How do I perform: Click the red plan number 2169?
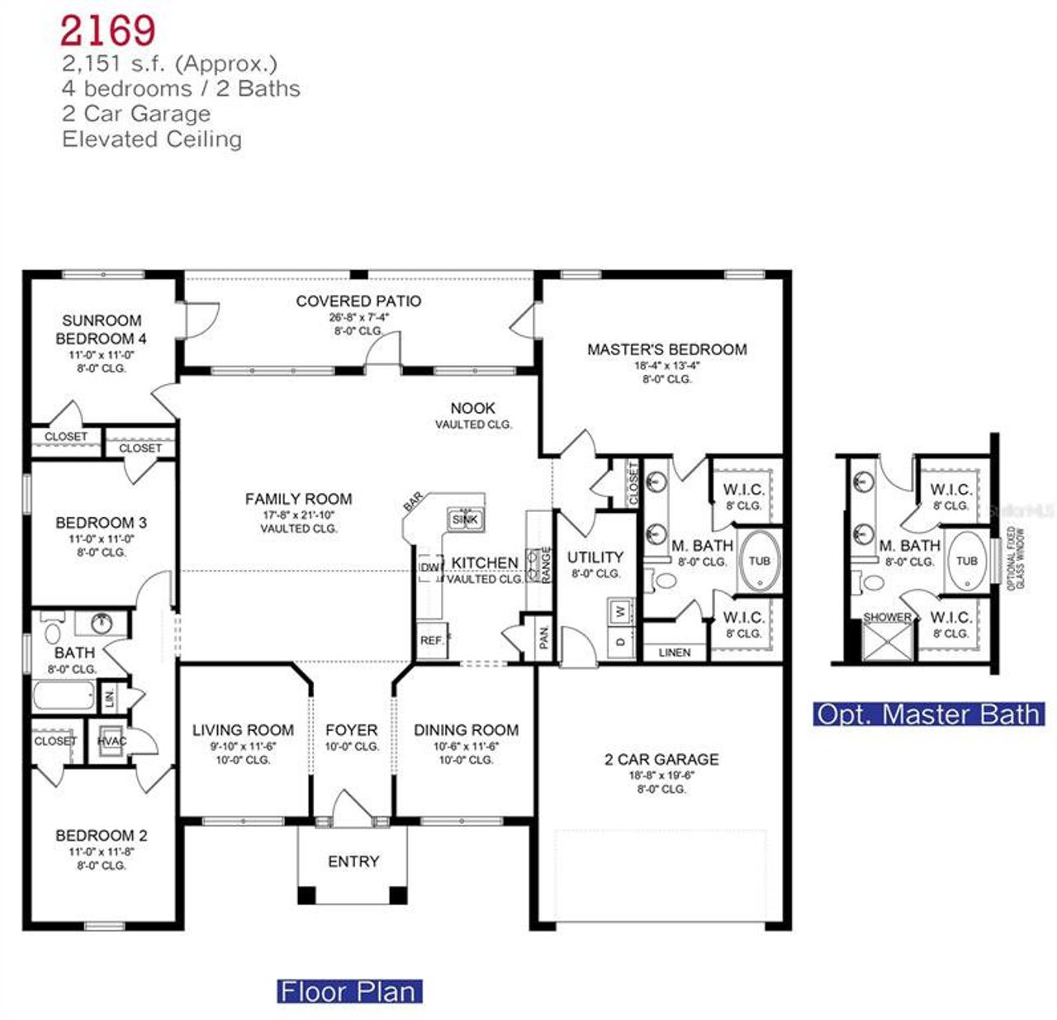[x=107, y=31]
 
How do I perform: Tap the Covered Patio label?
[x=358, y=301]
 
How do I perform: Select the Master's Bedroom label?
[x=666, y=349]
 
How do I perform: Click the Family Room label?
[x=298, y=499]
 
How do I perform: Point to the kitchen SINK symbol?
[x=465, y=519]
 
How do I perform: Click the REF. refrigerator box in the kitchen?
[x=431, y=641]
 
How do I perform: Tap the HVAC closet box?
[x=111, y=741]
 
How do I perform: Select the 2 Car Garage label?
[x=661, y=759]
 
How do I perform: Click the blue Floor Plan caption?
[x=349, y=991]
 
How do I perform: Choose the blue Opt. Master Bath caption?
[x=929, y=714]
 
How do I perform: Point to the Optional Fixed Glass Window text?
[x=1016, y=558]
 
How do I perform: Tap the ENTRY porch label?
[x=353, y=861]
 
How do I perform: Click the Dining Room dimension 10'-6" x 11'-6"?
[x=466, y=746]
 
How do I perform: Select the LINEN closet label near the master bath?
[x=675, y=652]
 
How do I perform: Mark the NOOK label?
[x=473, y=408]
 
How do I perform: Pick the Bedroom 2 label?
[x=101, y=835]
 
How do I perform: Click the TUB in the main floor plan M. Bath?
[x=759, y=561]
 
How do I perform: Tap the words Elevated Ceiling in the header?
[x=152, y=139]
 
